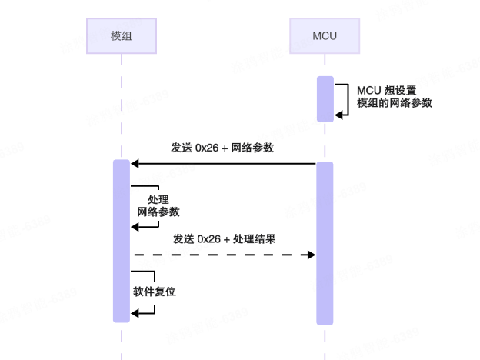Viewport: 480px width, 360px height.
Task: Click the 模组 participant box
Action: tap(122, 35)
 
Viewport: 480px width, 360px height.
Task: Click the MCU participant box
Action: tap(325, 35)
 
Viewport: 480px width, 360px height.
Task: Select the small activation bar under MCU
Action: tap(325, 98)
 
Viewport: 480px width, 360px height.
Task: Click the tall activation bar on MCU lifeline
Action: tap(325, 242)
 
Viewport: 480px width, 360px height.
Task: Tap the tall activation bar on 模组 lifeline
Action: tap(122, 240)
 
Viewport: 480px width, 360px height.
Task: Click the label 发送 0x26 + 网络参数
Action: tap(223, 148)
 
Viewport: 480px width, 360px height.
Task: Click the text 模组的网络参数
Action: tap(394, 103)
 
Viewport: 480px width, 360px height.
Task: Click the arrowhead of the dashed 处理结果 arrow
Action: tap(312, 255)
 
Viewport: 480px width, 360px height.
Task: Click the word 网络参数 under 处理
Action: tap(158, 212)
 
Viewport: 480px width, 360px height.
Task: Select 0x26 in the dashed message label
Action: tap(209, 238)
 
